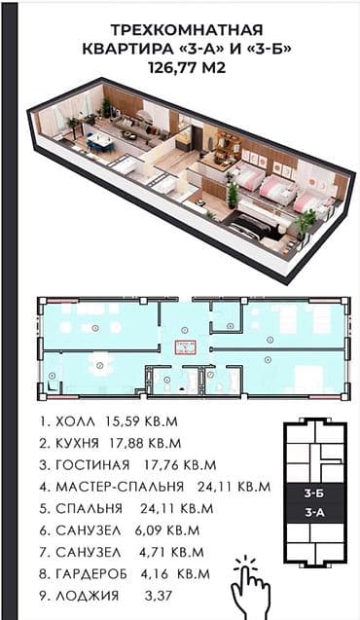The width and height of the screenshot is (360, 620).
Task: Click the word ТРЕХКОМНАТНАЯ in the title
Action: tap(182, 30)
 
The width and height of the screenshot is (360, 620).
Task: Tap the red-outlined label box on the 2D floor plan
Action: tap(184, 346)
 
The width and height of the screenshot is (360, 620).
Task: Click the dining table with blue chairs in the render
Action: tap(100, 144)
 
